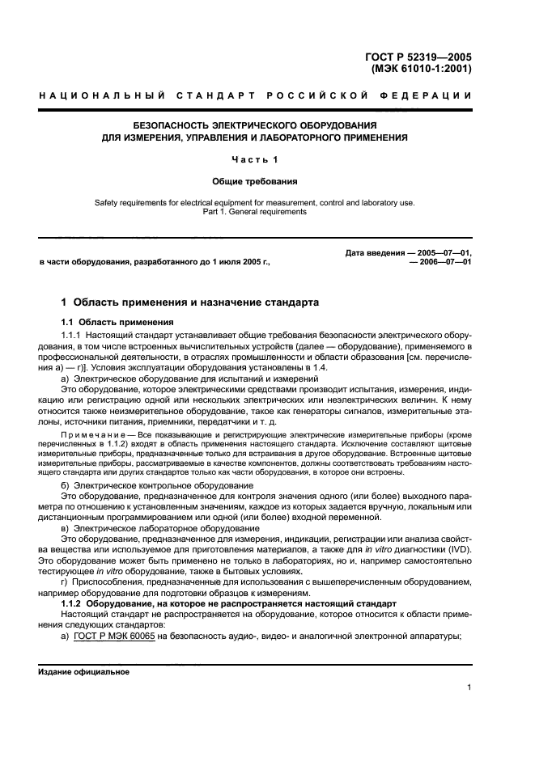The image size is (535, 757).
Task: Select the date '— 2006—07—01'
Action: [440, 263]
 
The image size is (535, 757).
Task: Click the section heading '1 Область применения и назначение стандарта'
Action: [190, 302]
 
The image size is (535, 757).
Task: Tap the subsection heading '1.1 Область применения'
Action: [113, 322]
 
